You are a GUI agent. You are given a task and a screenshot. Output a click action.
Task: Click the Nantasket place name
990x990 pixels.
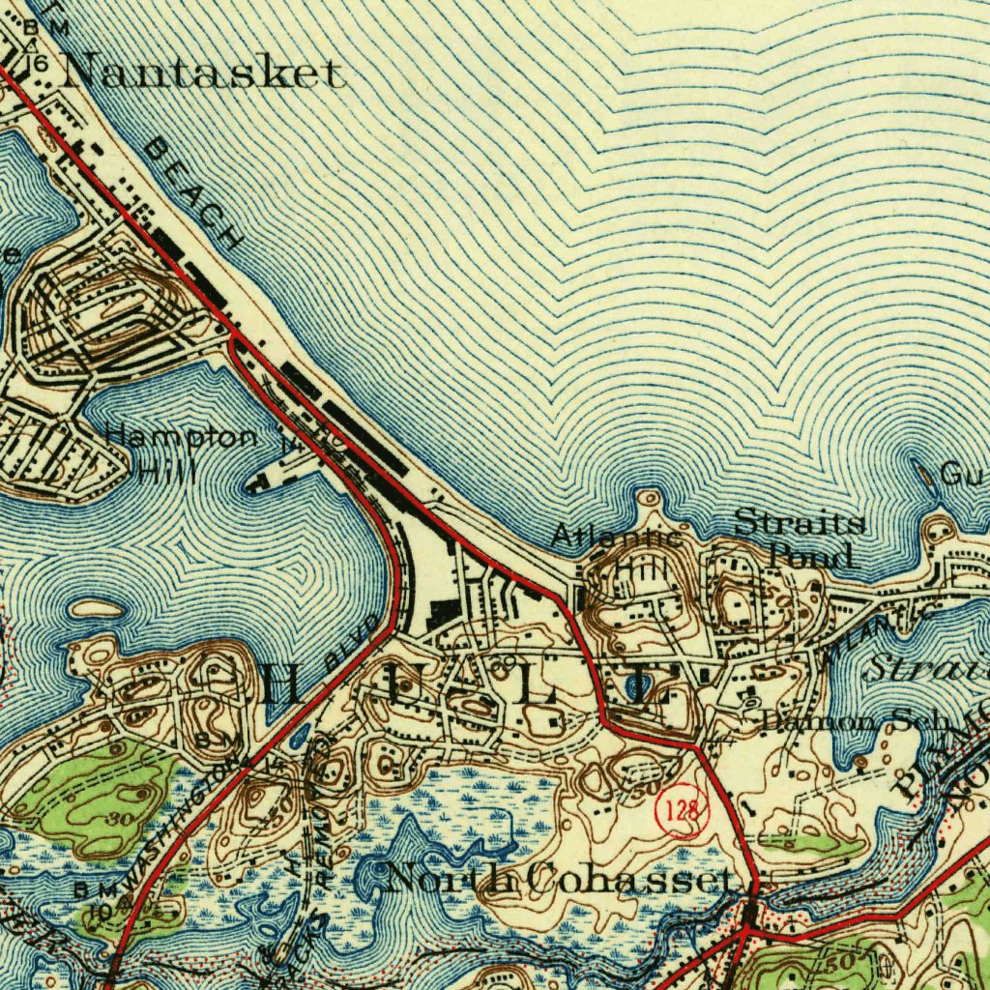pos(203,73)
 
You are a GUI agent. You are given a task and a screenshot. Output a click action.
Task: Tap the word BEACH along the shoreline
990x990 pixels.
pos(193,193)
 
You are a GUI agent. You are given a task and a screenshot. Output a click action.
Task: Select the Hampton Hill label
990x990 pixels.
pos(179,452)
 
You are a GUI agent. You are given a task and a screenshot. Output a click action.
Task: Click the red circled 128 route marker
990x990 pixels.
pos(683,810)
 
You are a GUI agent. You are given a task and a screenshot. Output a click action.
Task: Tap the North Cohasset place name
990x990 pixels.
pos(559,879)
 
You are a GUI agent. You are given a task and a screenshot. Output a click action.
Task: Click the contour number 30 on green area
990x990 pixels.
pos(120,819)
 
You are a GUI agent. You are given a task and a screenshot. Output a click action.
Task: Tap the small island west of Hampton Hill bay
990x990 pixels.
pos(97,609)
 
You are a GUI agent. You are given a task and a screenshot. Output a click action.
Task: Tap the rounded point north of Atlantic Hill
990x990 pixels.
pos(649,498)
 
